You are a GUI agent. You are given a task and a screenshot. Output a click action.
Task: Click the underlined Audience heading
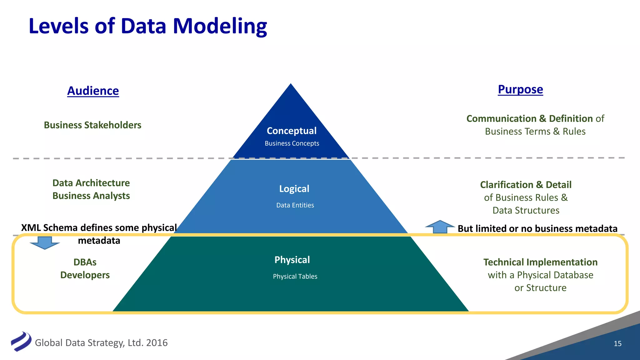tap(93, 91)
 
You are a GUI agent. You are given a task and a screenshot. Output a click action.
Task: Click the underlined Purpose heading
tap(520, 89)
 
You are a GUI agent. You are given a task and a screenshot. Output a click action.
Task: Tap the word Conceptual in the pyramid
tap(291, 131)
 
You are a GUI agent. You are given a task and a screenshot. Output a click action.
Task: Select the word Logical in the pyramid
tap(294, 189)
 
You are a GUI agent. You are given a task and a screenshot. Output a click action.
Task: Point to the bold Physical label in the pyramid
tap(292, 260)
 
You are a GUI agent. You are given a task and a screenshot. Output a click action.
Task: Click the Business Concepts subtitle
tap(292, 143)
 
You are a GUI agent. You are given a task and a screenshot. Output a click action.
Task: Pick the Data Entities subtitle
tap(295, 205)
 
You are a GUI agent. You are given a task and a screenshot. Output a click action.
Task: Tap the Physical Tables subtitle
tap(295, 277)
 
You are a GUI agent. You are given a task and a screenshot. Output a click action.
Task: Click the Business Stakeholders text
tap(92, 125)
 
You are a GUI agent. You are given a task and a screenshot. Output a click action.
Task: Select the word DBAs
tap(85, 262)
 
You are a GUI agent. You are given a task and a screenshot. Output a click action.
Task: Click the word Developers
tap(85, 275)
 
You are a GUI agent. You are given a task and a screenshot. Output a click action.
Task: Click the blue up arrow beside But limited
tap(440, 227)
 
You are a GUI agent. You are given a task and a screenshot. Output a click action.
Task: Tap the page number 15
tap(617, 344)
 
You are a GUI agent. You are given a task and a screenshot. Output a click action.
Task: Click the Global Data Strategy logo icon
tap(21, 342)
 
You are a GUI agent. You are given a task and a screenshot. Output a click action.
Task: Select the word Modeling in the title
tap(220, 26)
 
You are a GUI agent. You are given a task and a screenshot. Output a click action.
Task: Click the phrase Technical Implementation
tap(540, 262)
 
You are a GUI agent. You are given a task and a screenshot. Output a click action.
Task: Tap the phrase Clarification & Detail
tap(526, 185)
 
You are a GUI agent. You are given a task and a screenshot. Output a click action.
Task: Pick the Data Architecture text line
tap(91, 183)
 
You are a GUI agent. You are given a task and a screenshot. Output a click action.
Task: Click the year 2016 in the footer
tap(157, 343)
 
